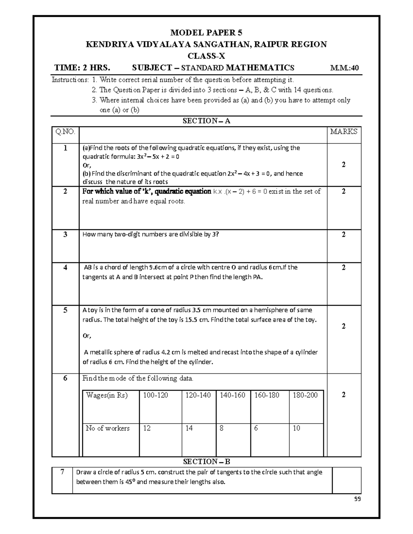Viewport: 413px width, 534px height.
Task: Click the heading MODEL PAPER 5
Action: tap(206, 33)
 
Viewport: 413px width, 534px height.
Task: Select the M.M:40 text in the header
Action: tap(345, 68)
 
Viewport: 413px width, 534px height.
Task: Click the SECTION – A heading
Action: tap(206, 121)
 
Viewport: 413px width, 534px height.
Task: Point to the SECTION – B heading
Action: tap(206, 461)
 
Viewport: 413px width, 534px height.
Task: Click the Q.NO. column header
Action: tap(65, 131)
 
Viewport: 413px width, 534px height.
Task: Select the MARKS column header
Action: tap(343, 131)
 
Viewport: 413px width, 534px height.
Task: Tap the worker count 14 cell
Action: tap(189, 428)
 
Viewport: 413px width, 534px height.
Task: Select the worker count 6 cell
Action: tap(256, 428)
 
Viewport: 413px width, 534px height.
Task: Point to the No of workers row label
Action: tap(107, 428)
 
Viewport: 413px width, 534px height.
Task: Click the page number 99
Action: tap(358, 500)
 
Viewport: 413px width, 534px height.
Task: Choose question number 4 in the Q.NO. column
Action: tap(65, 268)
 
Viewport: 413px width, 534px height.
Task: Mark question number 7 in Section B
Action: tap(62, 472)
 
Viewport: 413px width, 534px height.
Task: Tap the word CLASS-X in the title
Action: tap(206, 56)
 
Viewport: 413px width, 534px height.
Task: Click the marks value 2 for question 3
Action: tap(343, 235)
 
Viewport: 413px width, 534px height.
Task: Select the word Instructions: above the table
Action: tap(70, 80)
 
